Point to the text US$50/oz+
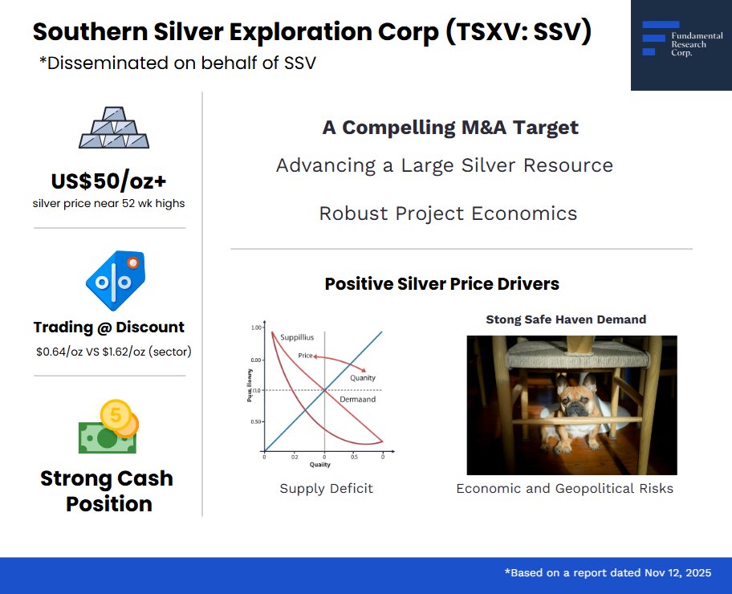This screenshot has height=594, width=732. coord(109,181)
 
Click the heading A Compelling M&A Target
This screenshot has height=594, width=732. coord(450,128)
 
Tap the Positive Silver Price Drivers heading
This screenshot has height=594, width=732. coord(441,284)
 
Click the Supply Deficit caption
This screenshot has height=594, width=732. coord(326,488)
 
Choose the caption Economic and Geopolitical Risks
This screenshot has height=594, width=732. coord(564,488)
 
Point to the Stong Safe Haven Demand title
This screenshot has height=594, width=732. coord(566,319)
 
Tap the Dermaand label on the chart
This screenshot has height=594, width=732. coord(357,399)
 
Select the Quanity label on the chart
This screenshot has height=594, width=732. coord(362,377)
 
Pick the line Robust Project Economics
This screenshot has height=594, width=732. coord(448,214)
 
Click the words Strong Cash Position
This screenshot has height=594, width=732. coord(108,491)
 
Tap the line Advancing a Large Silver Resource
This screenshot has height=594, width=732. coord(445,165)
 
